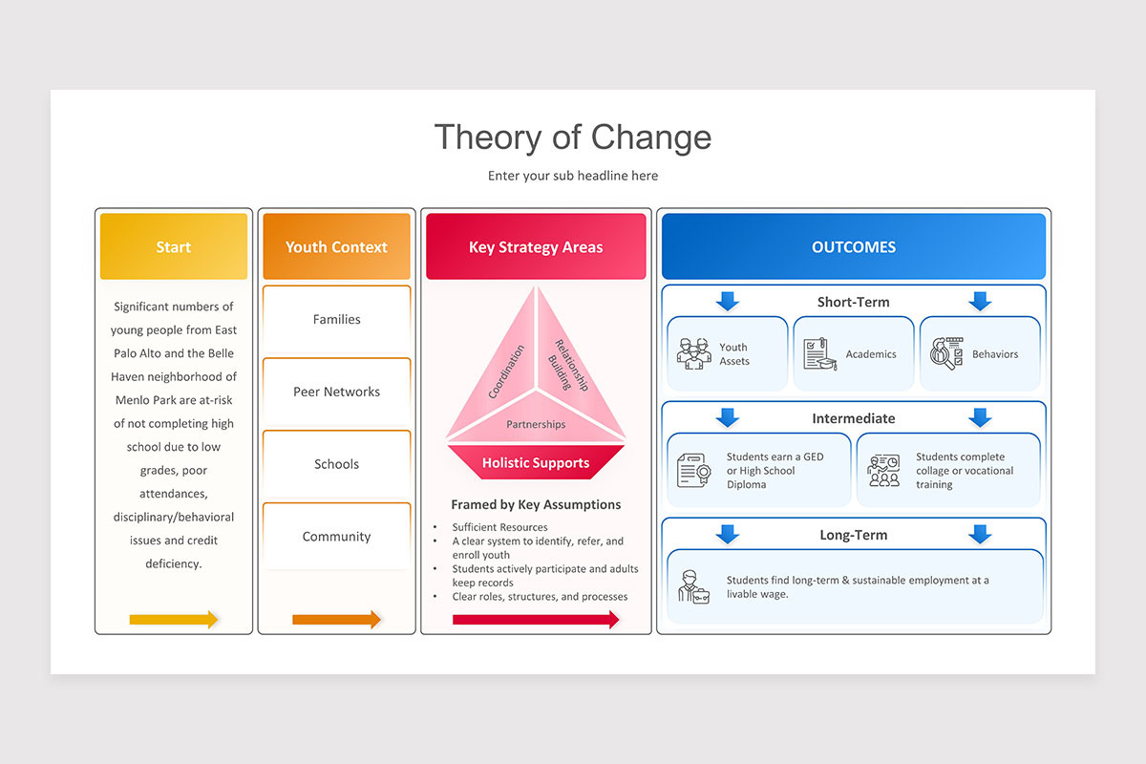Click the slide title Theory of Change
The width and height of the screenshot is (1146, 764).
573,138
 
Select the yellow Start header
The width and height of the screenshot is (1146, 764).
173,246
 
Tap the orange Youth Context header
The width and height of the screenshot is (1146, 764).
336,246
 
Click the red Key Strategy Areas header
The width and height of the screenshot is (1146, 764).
536,246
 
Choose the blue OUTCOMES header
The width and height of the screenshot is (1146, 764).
854,246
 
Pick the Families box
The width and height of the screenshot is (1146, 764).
336,319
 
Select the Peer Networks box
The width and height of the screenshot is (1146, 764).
336,392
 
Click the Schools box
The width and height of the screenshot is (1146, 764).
336,464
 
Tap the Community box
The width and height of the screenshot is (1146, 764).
336,537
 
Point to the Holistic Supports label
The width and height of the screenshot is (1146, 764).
536,463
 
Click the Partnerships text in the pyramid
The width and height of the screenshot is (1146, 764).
536,424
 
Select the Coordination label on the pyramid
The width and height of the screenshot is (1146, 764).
506,371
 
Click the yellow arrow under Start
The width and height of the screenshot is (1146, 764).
174,620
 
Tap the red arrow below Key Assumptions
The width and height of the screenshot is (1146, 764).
536,620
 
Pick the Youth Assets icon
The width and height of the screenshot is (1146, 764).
694,353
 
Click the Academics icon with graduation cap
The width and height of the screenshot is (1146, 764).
819,353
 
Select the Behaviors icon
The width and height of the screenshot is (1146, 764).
946,353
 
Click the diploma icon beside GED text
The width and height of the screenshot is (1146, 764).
693,470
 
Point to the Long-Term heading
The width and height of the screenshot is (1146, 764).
854,535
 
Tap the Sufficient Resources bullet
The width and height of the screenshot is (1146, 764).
499,527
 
